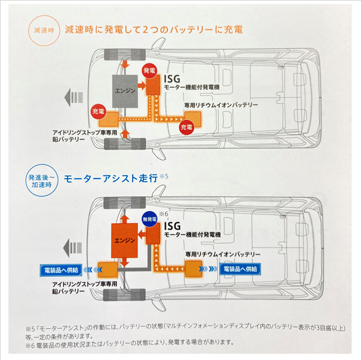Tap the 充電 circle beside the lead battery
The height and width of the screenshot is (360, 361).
click(x=98, y=111)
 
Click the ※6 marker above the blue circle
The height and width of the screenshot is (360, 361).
click(x=164, y=213)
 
